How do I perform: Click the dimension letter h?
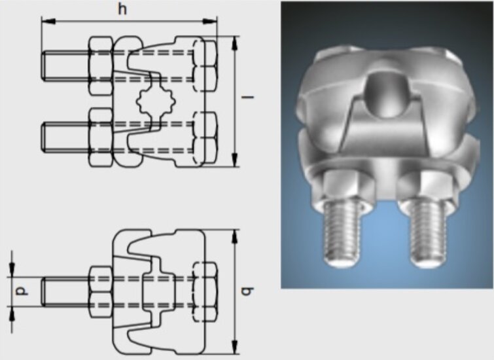[x=122, y=9]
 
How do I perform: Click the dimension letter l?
[x=247, y=97]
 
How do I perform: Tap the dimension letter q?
[x=247, y=291]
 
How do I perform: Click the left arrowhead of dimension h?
[x=48, y=22]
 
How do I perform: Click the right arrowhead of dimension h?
[x=210, y=22]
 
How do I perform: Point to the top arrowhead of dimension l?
[x=234, y=43]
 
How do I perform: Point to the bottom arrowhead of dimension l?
[x=234, y=160]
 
